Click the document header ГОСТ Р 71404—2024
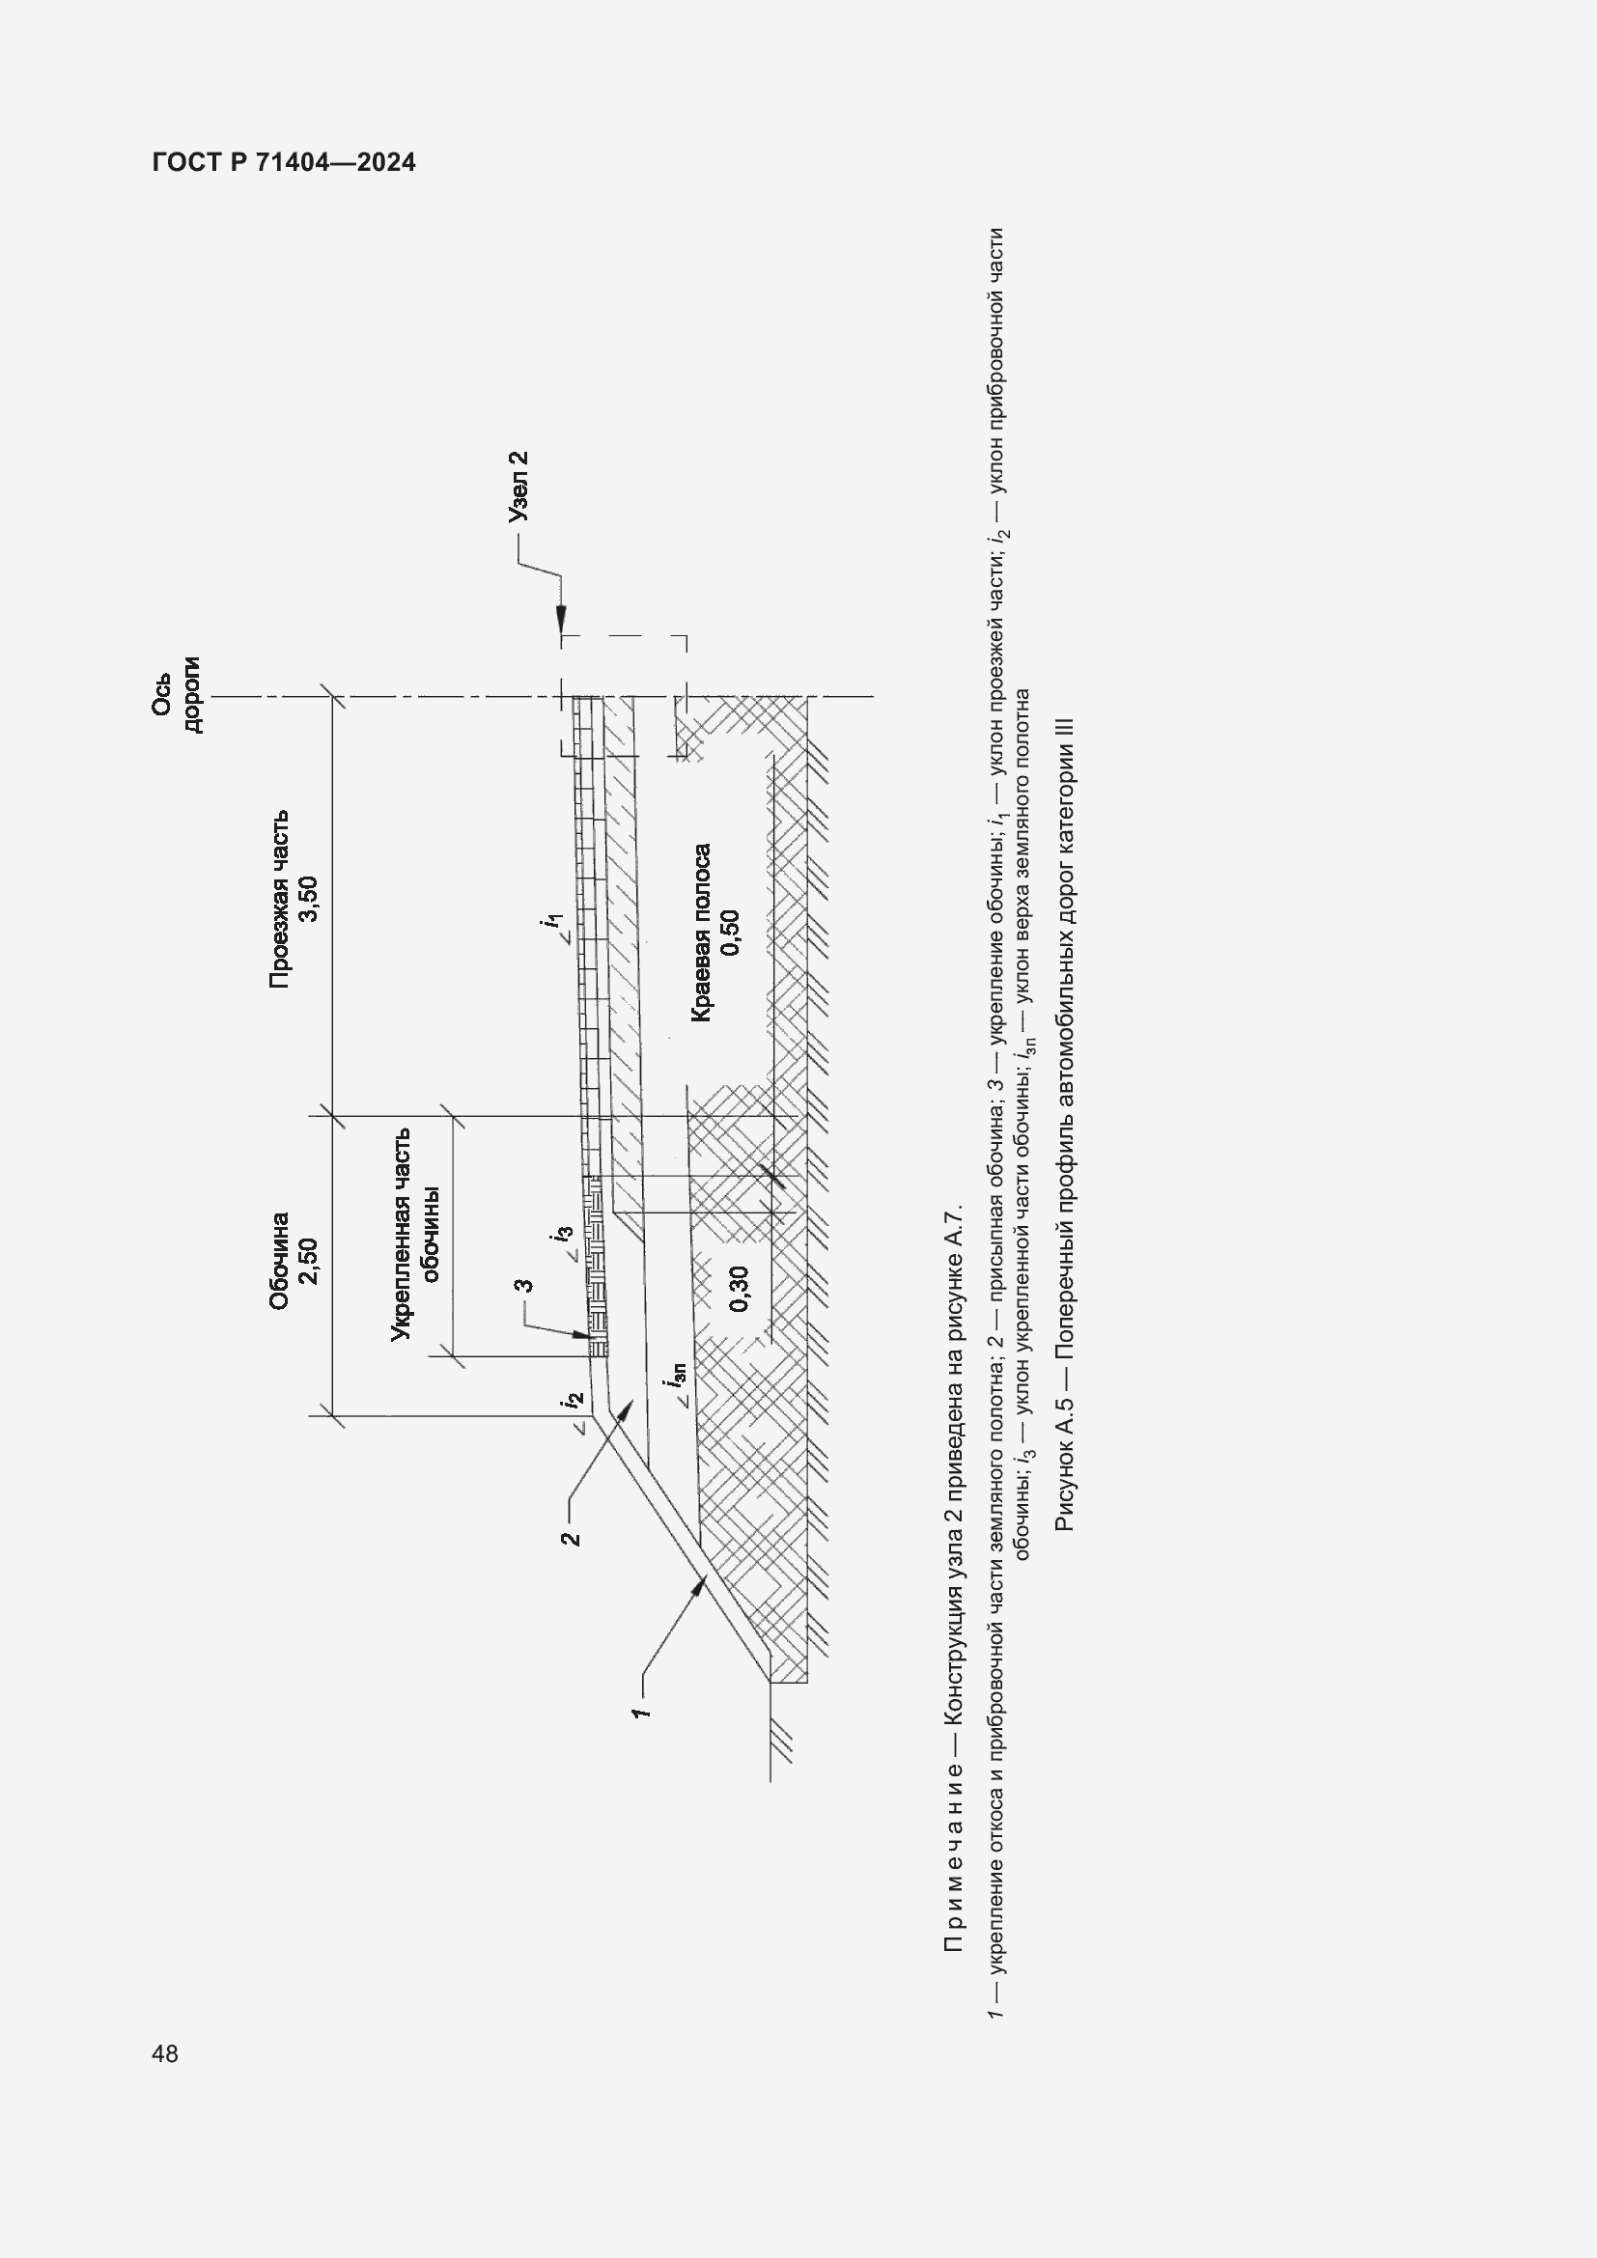(x=284, y=162)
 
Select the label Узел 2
(x=518, y=486)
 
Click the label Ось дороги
(x=176, y=694)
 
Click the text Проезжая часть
(x=279, y=898)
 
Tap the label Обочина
(x=279, y=1261)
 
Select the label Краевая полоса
(x=701, y=933)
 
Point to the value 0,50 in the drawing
(x=731, y=933)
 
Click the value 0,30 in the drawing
(x=740, y=1289)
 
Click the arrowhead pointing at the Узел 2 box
(x=561, y=619)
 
